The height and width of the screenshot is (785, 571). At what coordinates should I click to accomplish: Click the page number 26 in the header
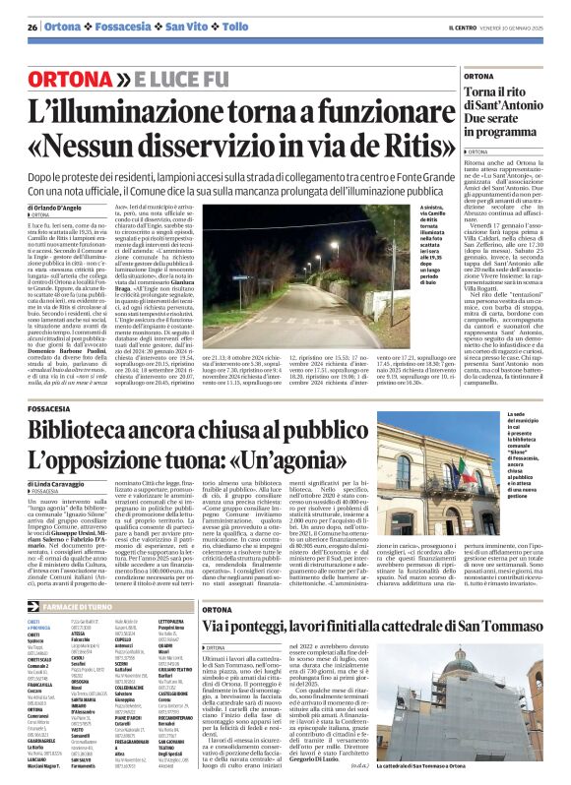click(x=32, y=27)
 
